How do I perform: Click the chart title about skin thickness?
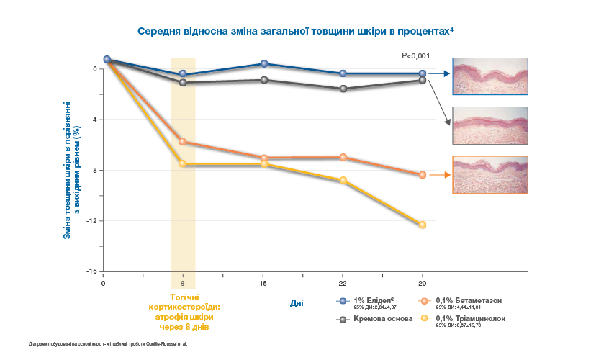click(295, 32)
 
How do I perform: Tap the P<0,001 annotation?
click(415, 55)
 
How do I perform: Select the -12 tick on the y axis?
click(93, 221)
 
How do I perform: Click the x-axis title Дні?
click(297, 303)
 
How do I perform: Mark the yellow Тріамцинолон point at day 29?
click(423, 225)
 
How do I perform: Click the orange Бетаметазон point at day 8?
click(183, 142)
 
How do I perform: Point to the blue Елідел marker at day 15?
click(263, 64)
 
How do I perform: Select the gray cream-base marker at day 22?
click(343, 89)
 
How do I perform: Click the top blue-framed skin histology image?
click(490, 75)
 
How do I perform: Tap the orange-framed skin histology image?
click(490, 174)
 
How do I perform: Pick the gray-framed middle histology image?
click(490, 125)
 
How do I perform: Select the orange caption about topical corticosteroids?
click(183, 312)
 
